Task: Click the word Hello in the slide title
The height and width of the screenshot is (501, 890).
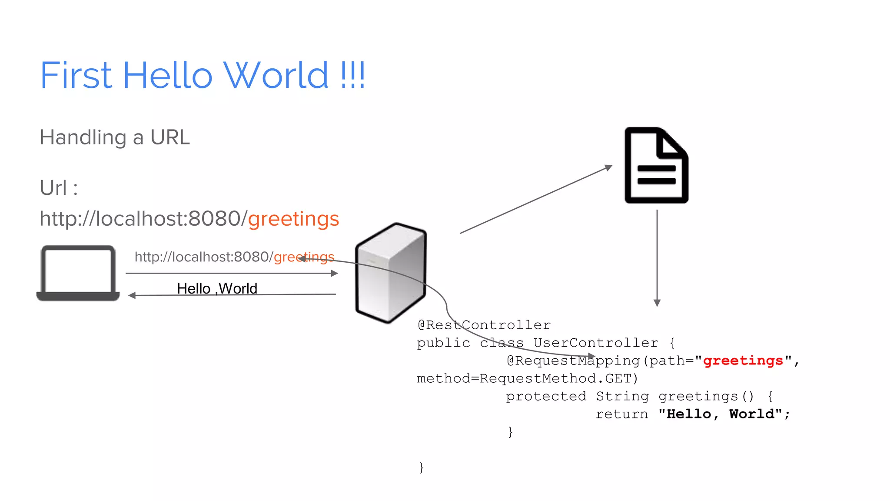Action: pos(168,75)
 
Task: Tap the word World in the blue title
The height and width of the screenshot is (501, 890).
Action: pos(276,75)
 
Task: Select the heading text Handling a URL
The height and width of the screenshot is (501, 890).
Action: pos(115,137)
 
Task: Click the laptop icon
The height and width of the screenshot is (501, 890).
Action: pos(78,273)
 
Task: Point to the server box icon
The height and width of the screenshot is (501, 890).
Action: pos(391,273)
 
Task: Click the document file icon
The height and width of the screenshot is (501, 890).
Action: pos(656,165)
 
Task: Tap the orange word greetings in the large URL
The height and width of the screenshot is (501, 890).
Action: pos(293,219)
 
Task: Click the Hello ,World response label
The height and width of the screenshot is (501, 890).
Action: pos(217,288)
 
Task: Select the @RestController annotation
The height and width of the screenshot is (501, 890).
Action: pos(484,325)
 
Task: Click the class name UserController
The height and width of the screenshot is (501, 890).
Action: pos(595,343)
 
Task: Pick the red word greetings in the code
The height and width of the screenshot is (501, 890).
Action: pos(743,361)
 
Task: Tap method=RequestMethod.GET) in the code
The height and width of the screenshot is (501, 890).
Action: pos(527,378)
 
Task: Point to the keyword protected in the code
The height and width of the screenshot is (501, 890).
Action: pos(546,396)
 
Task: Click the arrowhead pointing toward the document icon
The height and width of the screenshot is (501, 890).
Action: pos(608,167)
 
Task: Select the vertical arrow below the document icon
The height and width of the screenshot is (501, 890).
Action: pos(657,257)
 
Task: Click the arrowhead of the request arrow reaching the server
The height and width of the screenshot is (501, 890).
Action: pos(334,273)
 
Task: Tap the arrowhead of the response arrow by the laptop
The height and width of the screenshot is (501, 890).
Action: pos(132,295)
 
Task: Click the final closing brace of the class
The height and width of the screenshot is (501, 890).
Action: pos(421,468)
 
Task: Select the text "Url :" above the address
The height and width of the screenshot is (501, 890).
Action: pos(59,188)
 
